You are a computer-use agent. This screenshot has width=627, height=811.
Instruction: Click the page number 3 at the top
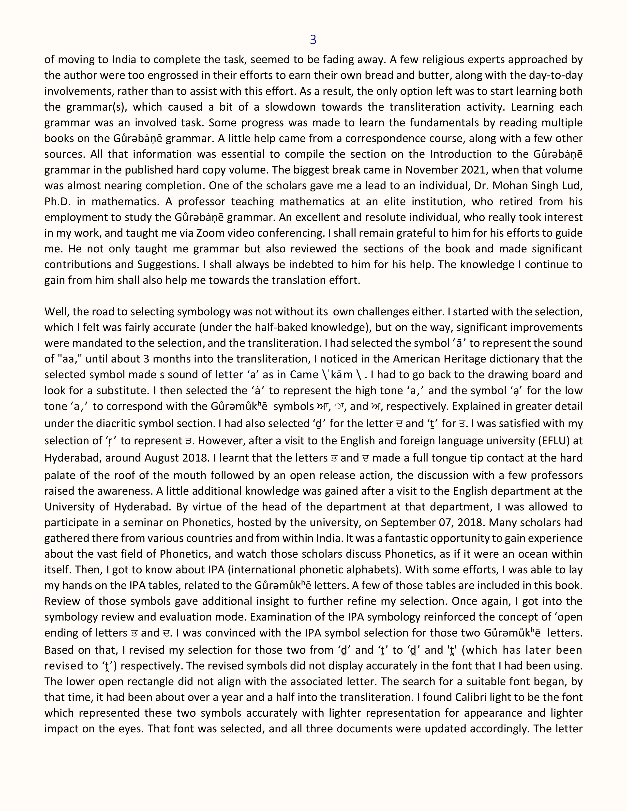[x=313, y=40]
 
